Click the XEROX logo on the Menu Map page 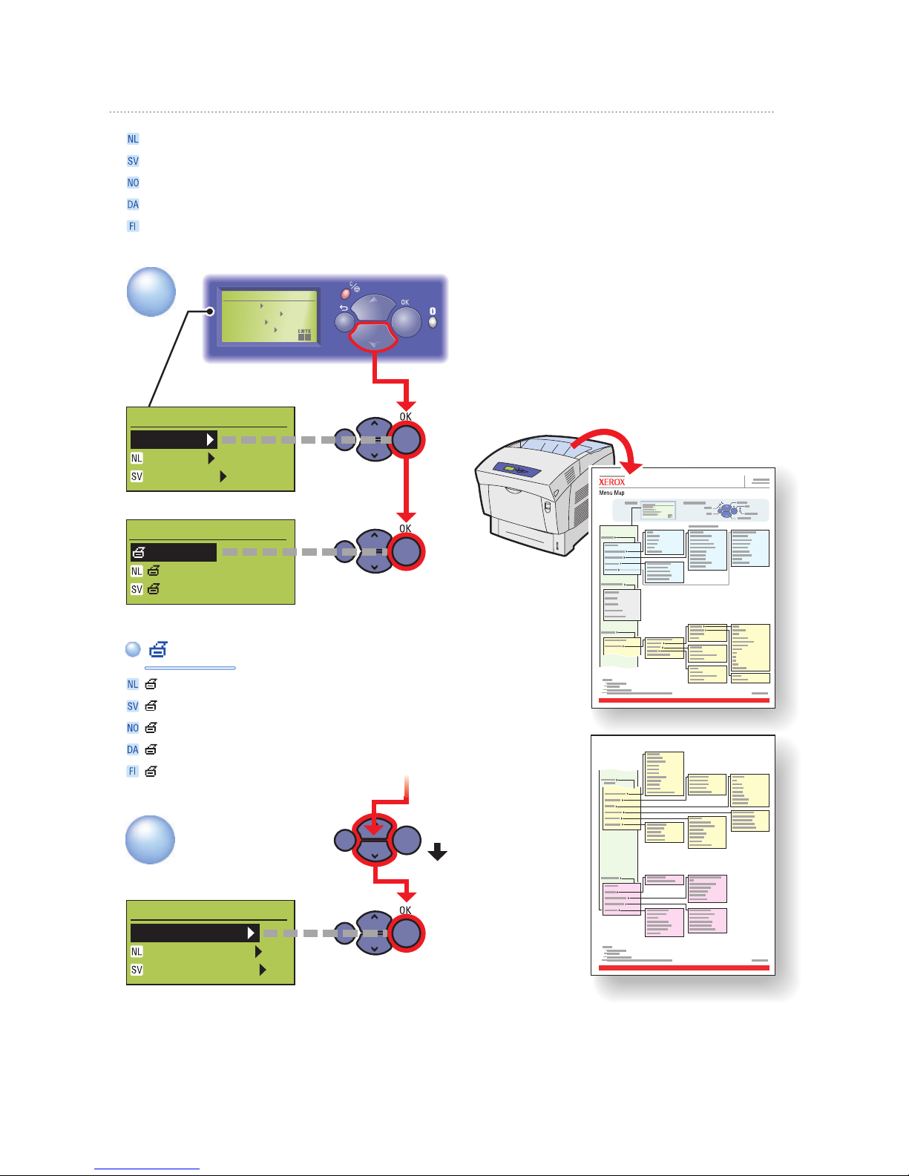611,482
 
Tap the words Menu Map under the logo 611,493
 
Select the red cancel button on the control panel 345,294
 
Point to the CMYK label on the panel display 304,332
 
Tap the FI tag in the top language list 133,226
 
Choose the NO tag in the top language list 133,183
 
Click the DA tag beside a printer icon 133,749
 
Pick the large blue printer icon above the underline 158,649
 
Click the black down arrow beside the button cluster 438,851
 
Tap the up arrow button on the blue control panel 373,305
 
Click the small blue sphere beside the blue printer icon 133,649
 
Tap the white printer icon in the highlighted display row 140,552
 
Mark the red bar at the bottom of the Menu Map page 683,700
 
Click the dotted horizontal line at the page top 442,112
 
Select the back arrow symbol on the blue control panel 344,307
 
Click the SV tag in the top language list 133,161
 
